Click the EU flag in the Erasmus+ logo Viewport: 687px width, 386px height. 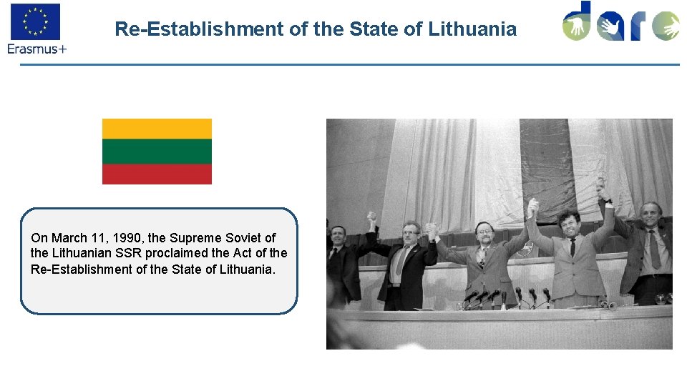(x=35, y=21)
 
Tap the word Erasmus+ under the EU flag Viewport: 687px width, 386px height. (x=36, y=49)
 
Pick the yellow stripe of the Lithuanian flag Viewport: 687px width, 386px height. (x=157, y=129)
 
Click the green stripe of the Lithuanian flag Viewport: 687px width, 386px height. (x=157, y=151)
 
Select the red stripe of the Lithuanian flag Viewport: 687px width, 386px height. (x=157, y=174)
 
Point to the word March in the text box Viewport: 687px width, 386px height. (x=69, y=238)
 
